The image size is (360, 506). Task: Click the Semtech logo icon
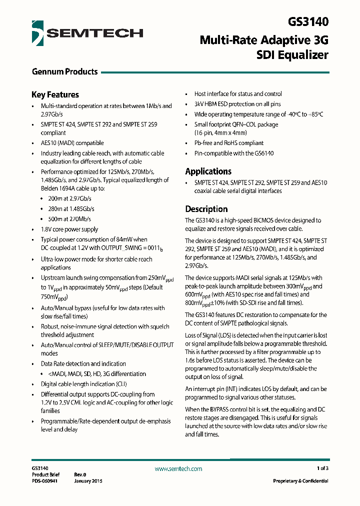point(37,33)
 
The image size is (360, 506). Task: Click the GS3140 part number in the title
point(308,22)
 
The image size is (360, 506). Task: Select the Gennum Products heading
point(64,71)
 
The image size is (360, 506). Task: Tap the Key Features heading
point(55,94)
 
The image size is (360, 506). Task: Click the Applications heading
point(208,171)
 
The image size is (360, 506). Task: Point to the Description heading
point(206,209)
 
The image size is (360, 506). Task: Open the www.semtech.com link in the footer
point(178,468)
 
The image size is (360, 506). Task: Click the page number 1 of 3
point(322,468)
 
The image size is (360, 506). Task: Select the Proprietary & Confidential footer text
point(300,481)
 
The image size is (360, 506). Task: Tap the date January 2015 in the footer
point(88,481)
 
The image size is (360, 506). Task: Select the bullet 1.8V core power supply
point(69,229)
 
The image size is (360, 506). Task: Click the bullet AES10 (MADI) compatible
point(72,143)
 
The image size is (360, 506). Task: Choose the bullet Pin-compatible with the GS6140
point(234,153)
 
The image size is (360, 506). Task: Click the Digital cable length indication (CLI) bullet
point(83,384)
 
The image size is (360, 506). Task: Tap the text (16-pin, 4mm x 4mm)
point(220,133)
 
